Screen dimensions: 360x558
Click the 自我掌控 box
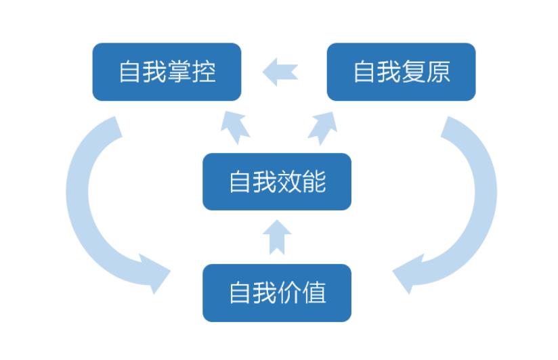(x=167, y=72)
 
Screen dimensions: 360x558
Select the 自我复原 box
(x=401, y=72)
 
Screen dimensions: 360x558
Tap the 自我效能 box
(x=277, y=182)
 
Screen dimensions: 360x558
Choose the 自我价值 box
(x=277, y=293)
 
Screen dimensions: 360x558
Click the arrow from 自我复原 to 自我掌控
(x=280, y=72)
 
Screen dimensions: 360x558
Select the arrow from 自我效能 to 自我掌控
(x=234, y=128)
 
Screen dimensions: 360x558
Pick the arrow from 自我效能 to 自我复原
(x=323, y=128)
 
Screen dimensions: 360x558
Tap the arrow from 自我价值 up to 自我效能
(x=277, y=237)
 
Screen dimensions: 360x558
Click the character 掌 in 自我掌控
(x=179, y=72)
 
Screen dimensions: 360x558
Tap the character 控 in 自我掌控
(x=204, y=72)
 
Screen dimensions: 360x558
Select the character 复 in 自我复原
(x=414, y=72)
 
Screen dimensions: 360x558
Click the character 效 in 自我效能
(x=290, y=182)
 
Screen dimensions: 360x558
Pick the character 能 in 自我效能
(x=314, y=182)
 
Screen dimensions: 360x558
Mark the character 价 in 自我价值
(x=290, y=293)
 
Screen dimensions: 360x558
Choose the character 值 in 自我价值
(x=314, y=293)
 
